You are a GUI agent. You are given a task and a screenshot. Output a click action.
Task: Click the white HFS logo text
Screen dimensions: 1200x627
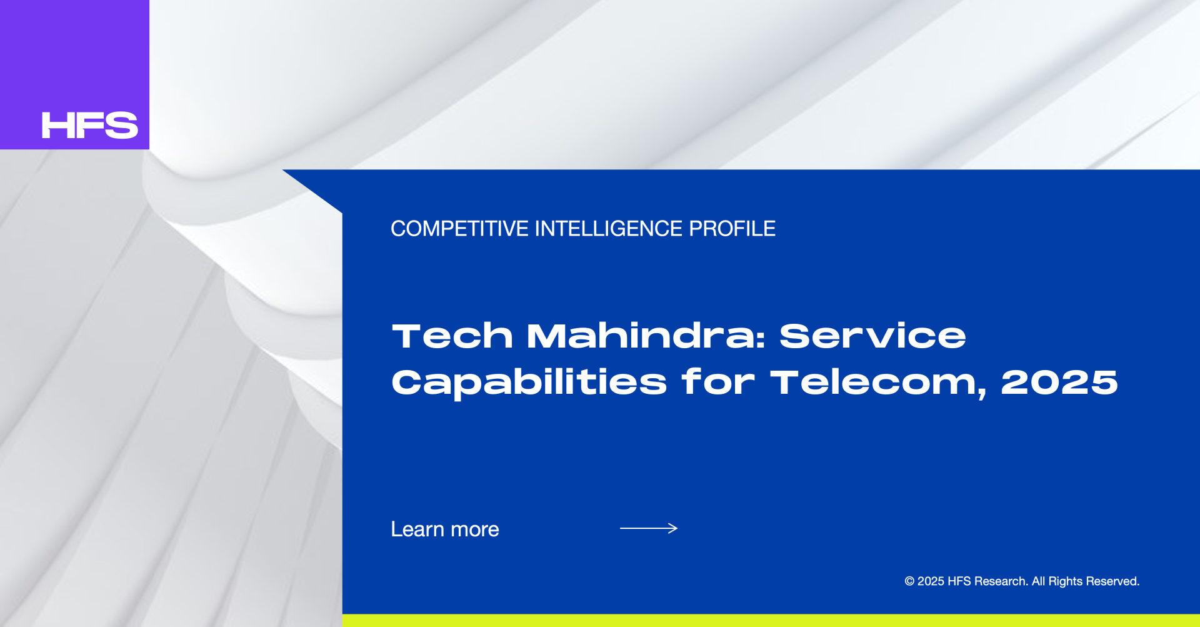[x=89, y=125]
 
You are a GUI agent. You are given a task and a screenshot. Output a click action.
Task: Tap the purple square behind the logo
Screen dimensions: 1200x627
[x=74, y=74]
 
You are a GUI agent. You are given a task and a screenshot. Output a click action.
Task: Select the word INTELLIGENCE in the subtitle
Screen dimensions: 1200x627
[x=609, y=229]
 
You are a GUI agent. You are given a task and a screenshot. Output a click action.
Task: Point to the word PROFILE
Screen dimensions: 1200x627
[x=732, y=229]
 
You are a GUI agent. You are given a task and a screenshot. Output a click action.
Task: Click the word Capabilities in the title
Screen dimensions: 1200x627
[x=529, y=383]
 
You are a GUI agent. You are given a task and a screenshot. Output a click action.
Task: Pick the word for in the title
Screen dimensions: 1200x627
[x=718, y=382]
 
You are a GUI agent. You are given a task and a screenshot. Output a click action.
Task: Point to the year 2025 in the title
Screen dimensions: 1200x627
[x=1059, y=382]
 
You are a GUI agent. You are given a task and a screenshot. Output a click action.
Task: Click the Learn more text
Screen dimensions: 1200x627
[x=445, y=529]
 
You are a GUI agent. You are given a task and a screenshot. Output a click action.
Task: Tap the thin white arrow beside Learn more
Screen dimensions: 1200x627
[x=649, y=528]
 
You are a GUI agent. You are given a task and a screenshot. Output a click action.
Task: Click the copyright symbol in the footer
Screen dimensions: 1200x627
[x=909, y=581]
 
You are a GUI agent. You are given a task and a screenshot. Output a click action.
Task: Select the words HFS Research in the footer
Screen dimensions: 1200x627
[x=987, y=581]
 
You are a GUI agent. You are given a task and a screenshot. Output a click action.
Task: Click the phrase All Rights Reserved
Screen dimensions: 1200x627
[x=1086, y=581]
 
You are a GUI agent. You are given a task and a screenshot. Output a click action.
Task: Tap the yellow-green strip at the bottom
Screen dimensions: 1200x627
[x=771, y=621]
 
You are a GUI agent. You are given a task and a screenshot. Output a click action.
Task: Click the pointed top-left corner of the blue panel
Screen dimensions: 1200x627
[x=283, y=170]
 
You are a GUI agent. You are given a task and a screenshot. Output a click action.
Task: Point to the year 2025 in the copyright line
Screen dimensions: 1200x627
[x=931, y=581]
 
